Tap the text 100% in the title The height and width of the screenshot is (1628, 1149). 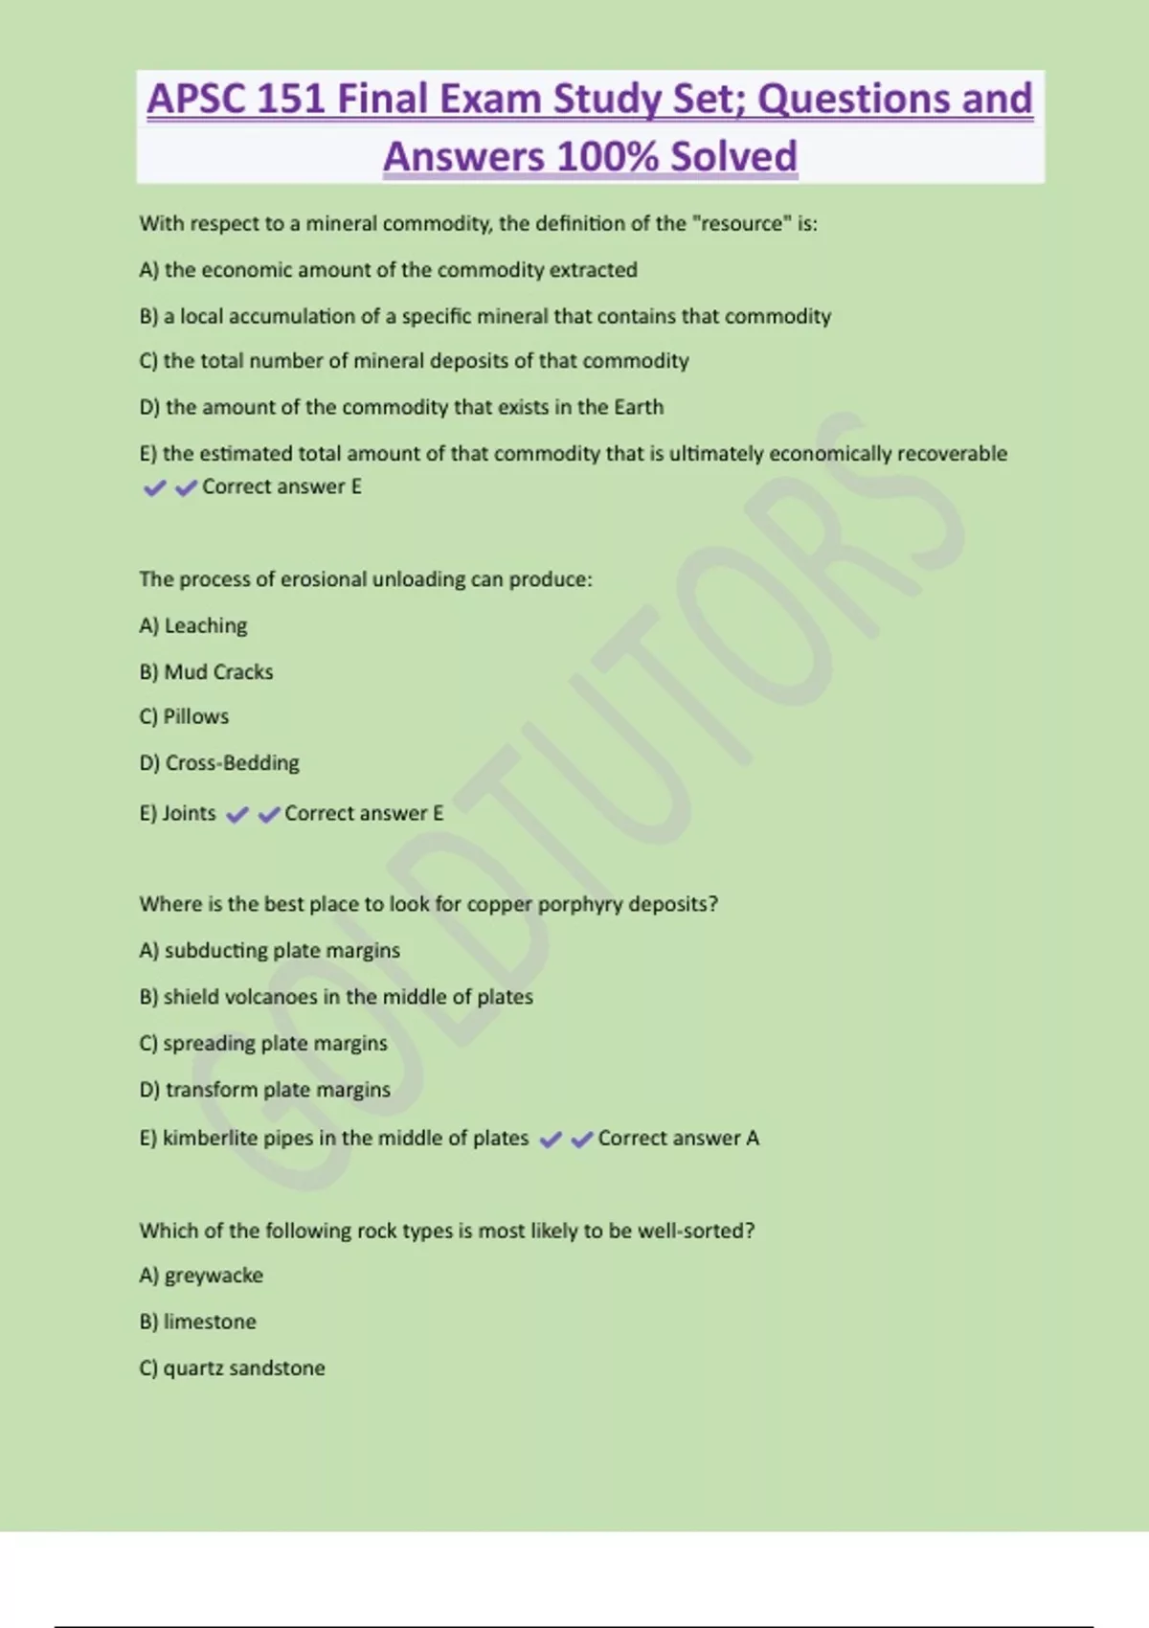[608, 157]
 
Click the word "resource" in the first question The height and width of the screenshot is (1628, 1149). [741, 224]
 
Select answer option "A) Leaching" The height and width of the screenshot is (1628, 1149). [193, 626]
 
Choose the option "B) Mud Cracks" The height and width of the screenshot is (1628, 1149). [206, 672]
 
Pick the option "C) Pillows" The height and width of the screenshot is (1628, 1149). [184, 717]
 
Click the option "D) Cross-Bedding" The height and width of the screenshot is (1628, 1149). [219, 763]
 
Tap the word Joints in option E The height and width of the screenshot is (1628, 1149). [189, 813]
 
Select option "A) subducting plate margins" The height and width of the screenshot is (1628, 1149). [269, 951]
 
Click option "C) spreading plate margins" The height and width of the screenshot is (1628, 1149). [263, 1044]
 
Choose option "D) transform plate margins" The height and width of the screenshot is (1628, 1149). [264, 1090]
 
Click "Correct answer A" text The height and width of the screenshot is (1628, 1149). [678, 1139]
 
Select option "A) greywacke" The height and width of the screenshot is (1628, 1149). [201, 1276]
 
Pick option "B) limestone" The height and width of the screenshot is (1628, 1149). [197, 1323]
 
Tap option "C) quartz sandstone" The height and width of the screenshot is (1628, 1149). [232, 1368]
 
